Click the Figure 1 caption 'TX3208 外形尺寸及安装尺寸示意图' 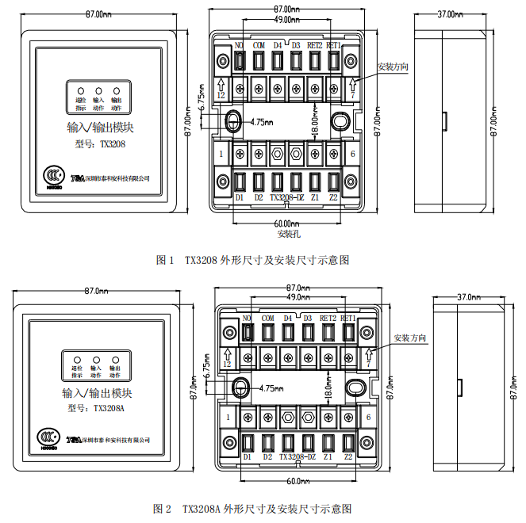pyautogui.click(x=267, y=259)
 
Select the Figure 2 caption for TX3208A pyautogui.click(x=267, y=508)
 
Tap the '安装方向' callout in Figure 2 pyautogui.click(x=409, y=338)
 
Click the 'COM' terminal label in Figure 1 pyautogui.click(x=259, y=46)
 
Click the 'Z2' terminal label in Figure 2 pyautogui.click(x=348, y=457)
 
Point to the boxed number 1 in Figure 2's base pyautogui.click(x=228, y=417)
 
